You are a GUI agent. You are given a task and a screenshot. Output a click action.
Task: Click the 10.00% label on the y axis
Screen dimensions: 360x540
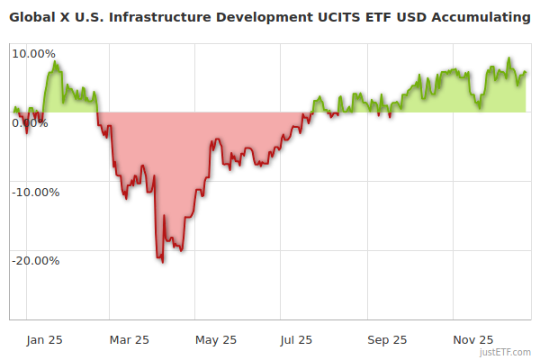[34, 53]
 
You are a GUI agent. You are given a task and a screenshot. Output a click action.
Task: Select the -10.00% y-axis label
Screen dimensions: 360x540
[34, 192]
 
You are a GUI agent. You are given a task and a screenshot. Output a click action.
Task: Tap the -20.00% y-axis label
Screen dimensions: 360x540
[34, 261]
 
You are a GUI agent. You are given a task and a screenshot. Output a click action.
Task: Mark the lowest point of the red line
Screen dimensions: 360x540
[163, 262]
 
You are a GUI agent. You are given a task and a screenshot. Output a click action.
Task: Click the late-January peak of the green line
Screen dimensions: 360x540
[55, 62]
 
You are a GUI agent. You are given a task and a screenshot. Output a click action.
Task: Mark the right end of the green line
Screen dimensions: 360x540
[526, 73]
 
